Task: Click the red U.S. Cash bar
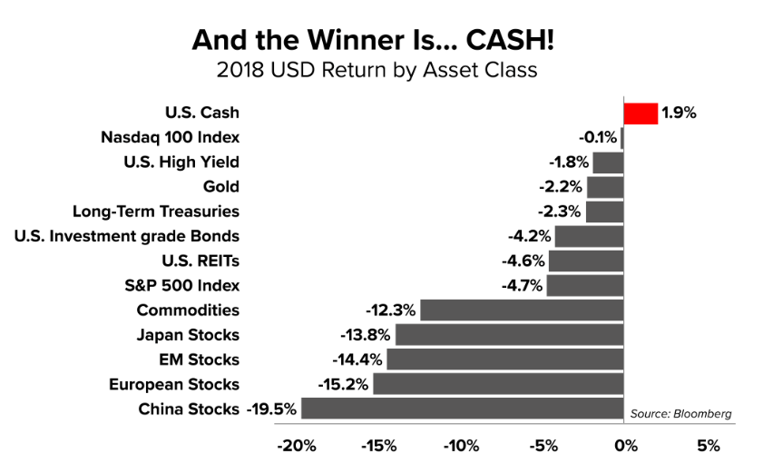[x=641, y=113]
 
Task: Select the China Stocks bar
[x=463, y=409]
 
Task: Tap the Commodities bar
[x=522, y=310]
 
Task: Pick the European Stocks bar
[x=498, y=384]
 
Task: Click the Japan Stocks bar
[x=510, y=335]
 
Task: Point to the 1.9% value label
[x=679, y=113]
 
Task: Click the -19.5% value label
[x=271, y=409]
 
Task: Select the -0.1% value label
[x=598, y=138]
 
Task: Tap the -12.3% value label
[x=390, y=310]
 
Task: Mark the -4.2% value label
[x=529, y=236]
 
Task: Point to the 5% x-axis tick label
[x=709, y=446]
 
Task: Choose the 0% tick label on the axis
[x=624, y=446]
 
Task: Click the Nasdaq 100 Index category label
[x=171, y=138]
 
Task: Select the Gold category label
[x=222, y=187]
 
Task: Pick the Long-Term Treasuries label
[x=156, y=212]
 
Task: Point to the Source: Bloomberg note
[x=680, y=414]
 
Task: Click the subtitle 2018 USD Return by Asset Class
[x=377, y=70]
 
